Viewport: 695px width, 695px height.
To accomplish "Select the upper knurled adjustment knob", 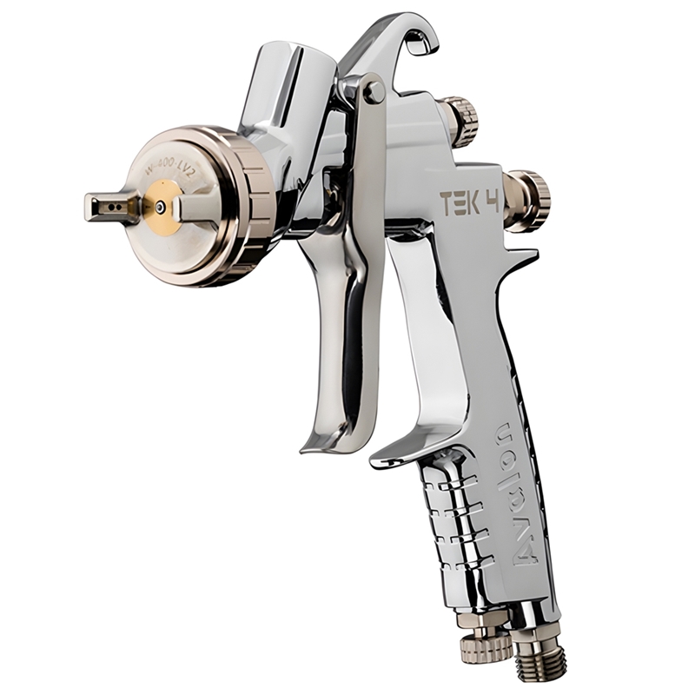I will pos(460,122).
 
